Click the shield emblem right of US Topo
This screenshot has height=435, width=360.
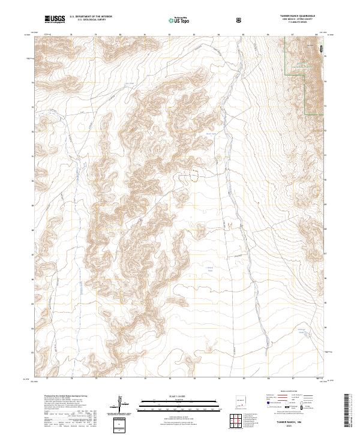coord(239,20)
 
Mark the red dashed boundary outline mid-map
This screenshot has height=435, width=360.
coord(194,175)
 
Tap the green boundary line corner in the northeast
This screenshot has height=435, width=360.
coord(307,113)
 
